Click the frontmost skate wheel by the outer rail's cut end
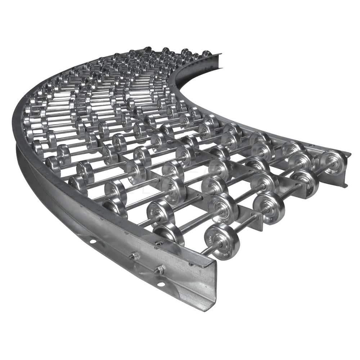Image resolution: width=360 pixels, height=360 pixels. click(x=222, y=241)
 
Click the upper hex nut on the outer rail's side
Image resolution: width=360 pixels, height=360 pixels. click(x=135, y=256)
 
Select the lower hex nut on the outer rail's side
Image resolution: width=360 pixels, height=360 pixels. click(x=159, y=270)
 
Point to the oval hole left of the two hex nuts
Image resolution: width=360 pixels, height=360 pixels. click(x=93, y=240)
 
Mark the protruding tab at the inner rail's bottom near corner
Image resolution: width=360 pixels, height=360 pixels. click(x=346, y=185)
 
